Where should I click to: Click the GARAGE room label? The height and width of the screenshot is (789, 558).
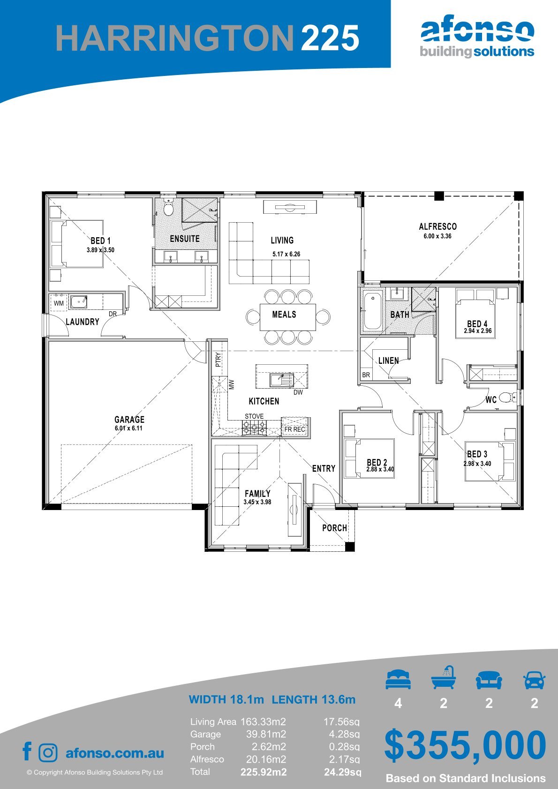click(129, 419)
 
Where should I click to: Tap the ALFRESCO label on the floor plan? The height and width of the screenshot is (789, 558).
click(437, 226)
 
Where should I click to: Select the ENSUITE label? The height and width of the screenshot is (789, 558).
click(185, 239)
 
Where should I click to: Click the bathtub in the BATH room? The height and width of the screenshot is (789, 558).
click(372, 310)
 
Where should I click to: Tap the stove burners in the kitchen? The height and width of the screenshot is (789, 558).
click(254, 428)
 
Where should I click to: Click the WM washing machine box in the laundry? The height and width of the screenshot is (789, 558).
click(59, 303)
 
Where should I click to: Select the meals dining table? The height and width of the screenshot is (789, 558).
click(288, 317)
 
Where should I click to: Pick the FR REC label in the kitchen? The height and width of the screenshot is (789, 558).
click(295, 429)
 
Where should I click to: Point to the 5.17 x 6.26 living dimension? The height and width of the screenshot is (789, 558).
click(286, 254)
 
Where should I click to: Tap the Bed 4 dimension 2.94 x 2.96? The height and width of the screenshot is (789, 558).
click(478, 331)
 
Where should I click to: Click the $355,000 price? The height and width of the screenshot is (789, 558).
click(465, 744)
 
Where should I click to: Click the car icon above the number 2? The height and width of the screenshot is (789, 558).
click(534, 680)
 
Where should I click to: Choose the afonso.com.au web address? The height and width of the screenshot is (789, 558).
click(115, 753)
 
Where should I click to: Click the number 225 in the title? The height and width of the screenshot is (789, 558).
click(330, 38)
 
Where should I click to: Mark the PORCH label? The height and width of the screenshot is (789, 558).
click(334, 528)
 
